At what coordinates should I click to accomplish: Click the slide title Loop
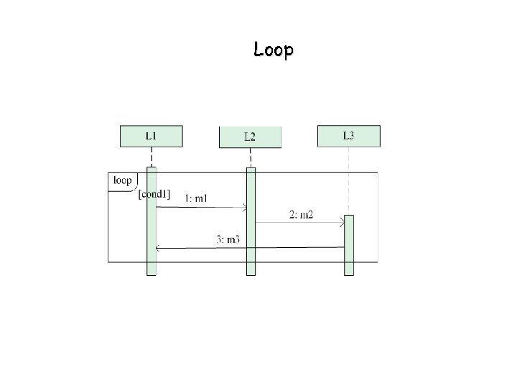point(273,50)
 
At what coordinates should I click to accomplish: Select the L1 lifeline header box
point(151,136)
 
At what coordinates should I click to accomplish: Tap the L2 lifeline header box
point(250,137)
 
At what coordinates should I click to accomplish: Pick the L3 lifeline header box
point(349,136)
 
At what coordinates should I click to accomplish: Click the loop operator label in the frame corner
point(122,180)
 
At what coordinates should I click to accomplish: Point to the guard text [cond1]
point(154,193)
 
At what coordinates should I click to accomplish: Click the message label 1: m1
point(196,198)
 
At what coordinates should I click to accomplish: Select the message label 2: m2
point(302,214)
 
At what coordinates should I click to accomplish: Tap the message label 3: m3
point(228,239)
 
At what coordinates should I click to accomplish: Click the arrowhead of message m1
point(244,208)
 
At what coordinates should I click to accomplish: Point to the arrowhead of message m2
point(342,223)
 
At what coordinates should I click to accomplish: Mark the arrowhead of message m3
point(159,248)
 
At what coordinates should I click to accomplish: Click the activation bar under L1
point(152,230)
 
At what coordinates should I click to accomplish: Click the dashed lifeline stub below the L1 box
point(152,157)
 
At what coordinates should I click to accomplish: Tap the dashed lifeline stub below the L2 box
point(251,157)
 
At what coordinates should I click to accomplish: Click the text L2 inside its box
point(250,137)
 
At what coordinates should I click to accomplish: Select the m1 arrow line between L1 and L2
point(201,208)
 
